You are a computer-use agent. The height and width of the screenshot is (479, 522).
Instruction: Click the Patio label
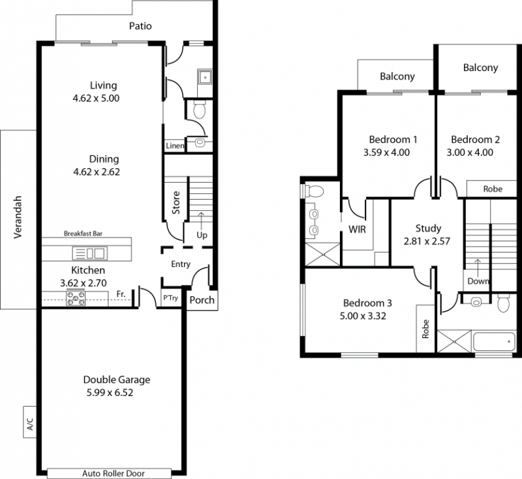[140, 26]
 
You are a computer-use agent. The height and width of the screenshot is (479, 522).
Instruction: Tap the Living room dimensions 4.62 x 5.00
[96, 98]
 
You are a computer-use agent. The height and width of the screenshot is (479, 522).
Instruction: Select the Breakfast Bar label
[83, 234]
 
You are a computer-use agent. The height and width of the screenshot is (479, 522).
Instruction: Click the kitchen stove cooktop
[76, 298]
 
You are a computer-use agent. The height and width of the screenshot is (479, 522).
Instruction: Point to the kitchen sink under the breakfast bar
[90, 253]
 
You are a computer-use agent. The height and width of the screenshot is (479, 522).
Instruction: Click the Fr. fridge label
[121, 294]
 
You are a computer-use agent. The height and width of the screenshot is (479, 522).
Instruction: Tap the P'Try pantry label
[170, 298]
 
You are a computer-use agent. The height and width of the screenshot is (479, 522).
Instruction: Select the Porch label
[202, 300]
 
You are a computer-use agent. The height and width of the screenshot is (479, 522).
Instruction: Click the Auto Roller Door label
[114, 473]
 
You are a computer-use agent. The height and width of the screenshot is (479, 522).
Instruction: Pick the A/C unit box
[29, 422]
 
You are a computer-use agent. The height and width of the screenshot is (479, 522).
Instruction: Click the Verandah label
[18, 217]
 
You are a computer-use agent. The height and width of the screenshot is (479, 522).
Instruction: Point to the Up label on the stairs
[202, 235]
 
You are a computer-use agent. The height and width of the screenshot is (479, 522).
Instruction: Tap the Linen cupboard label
[175, 146]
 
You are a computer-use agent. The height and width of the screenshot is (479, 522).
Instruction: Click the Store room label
[176, 202]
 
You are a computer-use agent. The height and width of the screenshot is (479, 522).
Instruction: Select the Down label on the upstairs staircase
[478, 281]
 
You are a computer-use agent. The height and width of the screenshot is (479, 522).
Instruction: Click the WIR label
[357, 229]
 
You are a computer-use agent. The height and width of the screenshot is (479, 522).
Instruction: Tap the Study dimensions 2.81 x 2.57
[427, 241]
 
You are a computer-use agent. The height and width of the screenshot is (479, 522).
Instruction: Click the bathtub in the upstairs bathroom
[494, 341]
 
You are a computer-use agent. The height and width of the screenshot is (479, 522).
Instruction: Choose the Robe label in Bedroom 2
[493, 189]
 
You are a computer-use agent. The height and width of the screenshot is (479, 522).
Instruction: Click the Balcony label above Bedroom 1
[397, 76]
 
